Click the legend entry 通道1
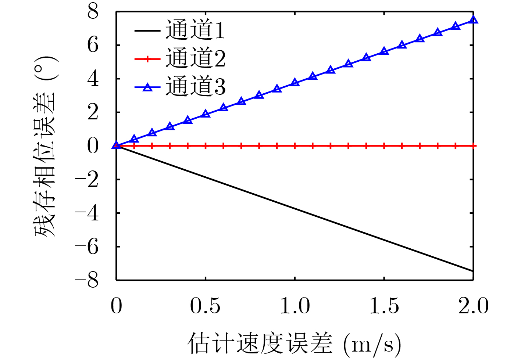point(195,30)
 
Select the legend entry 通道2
point(195,58)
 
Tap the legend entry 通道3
point(195,87)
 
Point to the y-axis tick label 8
point(93,12)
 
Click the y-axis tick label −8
point(87,280)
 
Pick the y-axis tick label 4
point(93,79)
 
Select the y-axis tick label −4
point(87,213)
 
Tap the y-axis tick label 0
point(93,146)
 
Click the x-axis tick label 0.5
point(205,306)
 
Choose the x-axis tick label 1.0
point(295,306)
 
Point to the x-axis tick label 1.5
point(384,306)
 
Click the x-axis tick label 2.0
point(473,306)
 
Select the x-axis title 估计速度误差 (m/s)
point(295,343)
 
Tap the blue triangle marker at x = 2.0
point(474,20)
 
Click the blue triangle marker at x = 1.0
point(295,83)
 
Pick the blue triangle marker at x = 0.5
point(206,114)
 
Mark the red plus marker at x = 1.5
point(384,146)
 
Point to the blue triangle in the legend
point(147,87)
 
